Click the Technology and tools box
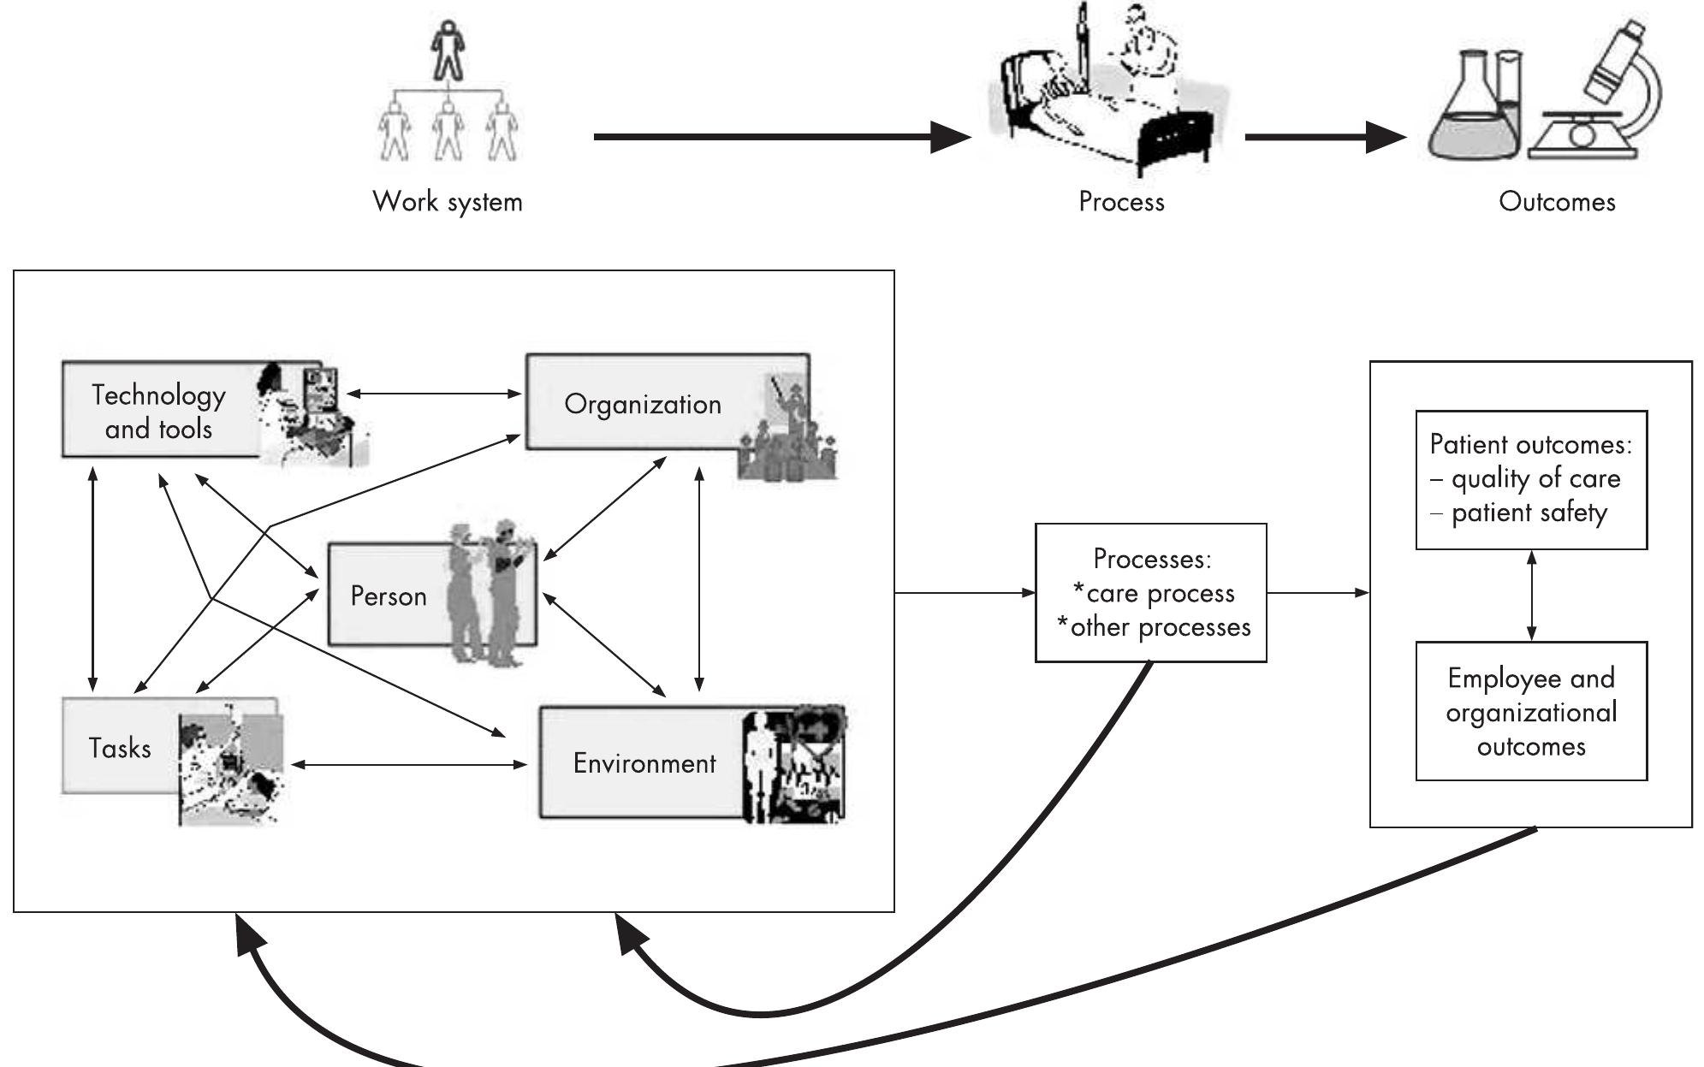coord(159,411)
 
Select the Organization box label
coord(643,404)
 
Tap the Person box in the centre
coord(389,596)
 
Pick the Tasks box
coord(120,748)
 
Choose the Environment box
coord(644,762)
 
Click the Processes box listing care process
coord(1150,593)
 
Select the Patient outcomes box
coord(1530,479)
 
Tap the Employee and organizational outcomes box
coord(1530,711)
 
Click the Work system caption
coord(448,202)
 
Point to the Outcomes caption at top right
coord(1557,202)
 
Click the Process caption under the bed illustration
coord(1121,202)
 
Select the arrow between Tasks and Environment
coord(409,764)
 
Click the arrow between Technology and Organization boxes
coord(434,394)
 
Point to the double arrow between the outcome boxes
coord(1531,596)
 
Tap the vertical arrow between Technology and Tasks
coord(92,578)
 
